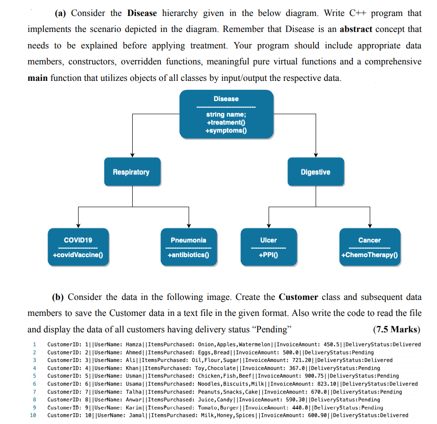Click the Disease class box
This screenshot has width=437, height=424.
coord(226,114)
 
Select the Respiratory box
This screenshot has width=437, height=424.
coord(132,172)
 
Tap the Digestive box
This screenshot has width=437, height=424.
coord(316,172)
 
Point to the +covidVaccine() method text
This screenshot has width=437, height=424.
coord(78,255)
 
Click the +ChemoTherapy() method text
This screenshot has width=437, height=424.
coord(370,255)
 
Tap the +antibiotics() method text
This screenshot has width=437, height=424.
coord(188,255)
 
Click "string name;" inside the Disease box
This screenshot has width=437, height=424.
coord(226,115)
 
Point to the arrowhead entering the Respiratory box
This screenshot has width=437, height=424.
coord(132,156)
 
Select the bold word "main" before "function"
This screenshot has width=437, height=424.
coord(38,78)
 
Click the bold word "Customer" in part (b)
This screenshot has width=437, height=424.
coord(298,297)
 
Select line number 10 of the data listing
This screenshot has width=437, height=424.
coord(33,416)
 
